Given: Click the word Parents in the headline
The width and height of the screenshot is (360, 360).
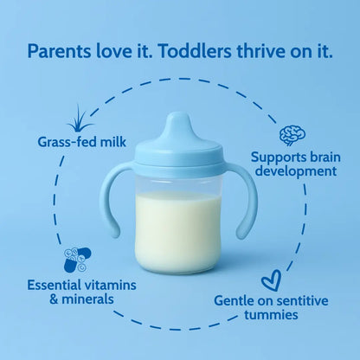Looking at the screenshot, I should [x=59, y=50].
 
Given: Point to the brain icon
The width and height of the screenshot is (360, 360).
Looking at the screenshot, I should [x=292, y=135].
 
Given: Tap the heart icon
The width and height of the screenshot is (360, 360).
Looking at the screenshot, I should [x=272, y=280].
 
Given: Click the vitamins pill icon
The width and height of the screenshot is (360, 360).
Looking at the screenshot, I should [x=76, y=259].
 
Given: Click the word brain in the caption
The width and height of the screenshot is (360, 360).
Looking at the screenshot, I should [x=316, y=157].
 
